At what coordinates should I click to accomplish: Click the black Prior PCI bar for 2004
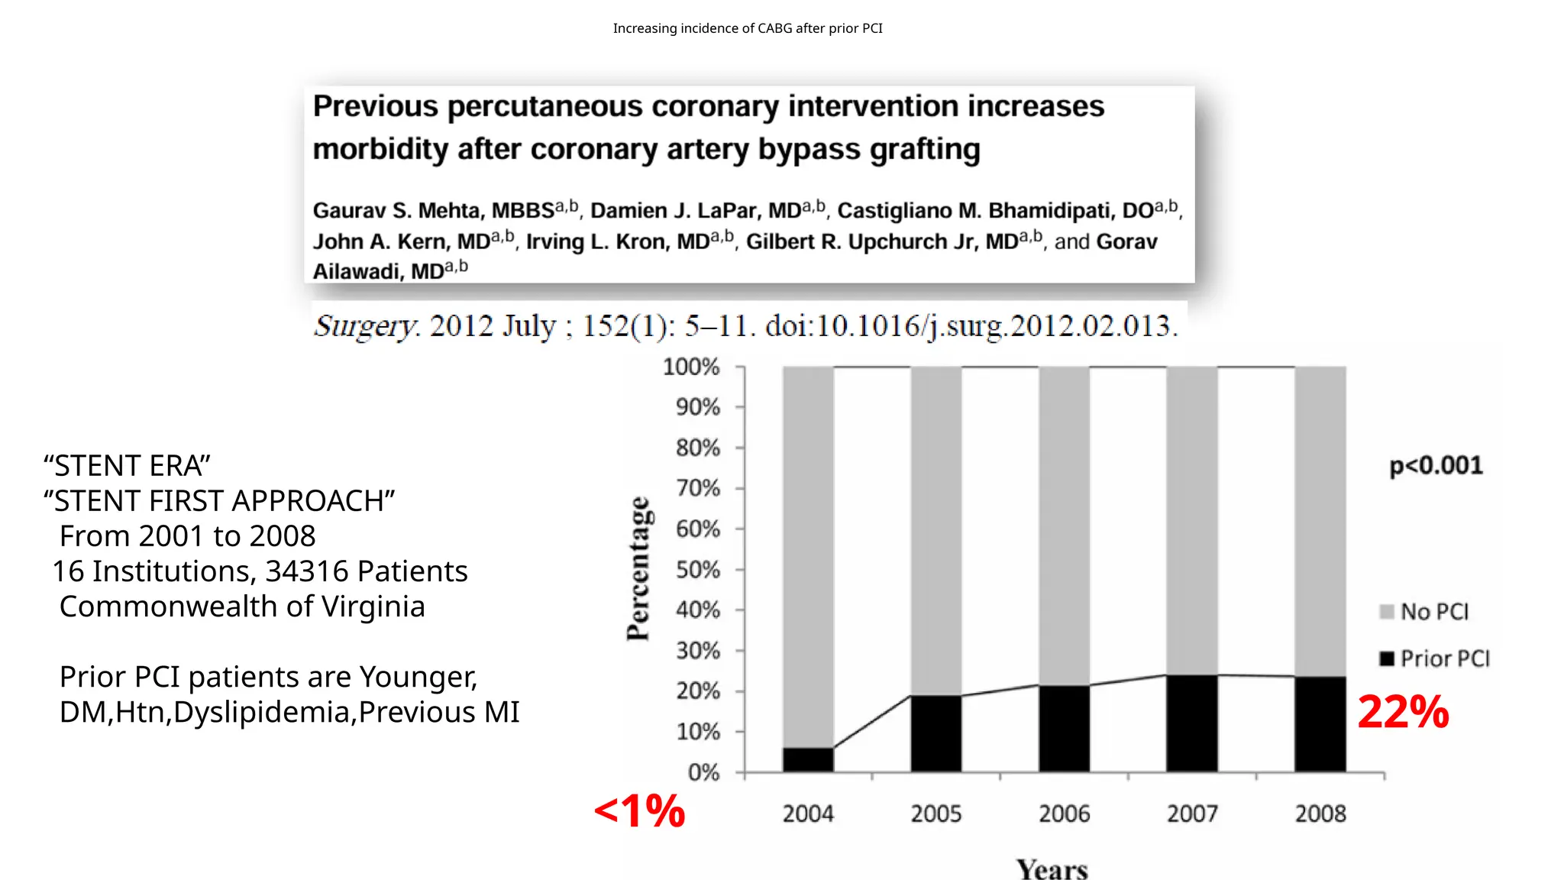(x=808, y=759)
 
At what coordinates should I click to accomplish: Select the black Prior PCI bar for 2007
(x=1191, y=723)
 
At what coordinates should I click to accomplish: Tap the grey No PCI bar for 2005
(x=935, y=530)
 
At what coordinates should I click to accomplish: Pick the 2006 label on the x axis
(x=1064, y=814)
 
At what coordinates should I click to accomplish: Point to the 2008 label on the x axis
(x=1320, y=814)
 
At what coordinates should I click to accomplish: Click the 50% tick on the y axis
(x=698, y=570)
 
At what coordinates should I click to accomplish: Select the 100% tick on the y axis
(x=691, y=367)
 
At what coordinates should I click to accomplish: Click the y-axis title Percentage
(x=638, y=568)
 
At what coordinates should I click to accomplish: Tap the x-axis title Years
(x=1052, y=869)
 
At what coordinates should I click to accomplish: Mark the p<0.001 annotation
(x=1436, y=465)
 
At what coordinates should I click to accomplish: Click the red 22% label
(x=1403, y=712)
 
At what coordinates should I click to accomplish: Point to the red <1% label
(x=640, y=810)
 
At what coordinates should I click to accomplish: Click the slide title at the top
(x=748, y=28)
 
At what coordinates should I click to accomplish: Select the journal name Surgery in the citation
(x=365, y=326)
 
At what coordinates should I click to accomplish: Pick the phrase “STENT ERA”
(x=127, y=466)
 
